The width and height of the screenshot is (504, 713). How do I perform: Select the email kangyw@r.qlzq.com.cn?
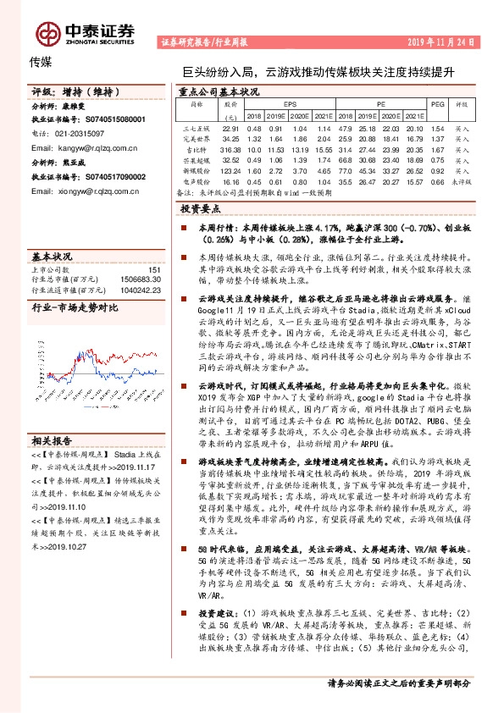click(x=77, y=146)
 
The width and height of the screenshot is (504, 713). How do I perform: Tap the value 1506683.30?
click(x=140, y=279)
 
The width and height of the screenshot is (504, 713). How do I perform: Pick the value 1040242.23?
click(x=140, y=290)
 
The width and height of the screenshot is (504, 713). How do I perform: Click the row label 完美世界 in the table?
click(x=197, y=138)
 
